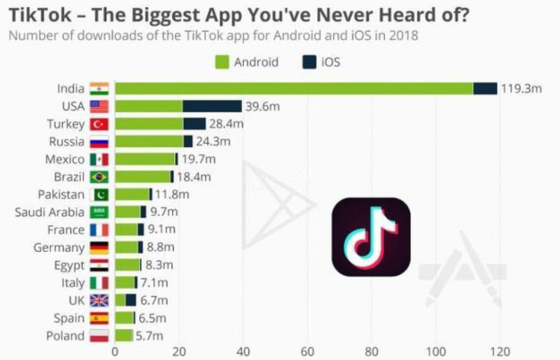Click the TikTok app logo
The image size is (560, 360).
pos(371,237)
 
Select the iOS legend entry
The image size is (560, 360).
pos(321,62)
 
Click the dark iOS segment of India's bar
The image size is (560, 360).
pos(485,89)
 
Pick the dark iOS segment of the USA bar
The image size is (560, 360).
pos(212,106)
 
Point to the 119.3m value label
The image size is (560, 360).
pos(521,89)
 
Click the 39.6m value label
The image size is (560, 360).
pos(262,107)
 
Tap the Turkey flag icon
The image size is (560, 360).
pos(99,124)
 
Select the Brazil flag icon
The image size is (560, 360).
pos(99,177)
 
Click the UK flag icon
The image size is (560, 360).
pos(99,301)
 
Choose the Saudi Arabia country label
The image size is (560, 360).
pos(49,212)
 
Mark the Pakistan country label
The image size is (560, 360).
pos(61,195)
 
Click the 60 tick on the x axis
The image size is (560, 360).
pos(307,351)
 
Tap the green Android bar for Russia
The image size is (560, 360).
pos(149,142)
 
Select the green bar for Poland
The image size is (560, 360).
pos(123,336)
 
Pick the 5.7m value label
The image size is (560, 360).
pos(149,336)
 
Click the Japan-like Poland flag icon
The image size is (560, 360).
pos(99,336)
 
